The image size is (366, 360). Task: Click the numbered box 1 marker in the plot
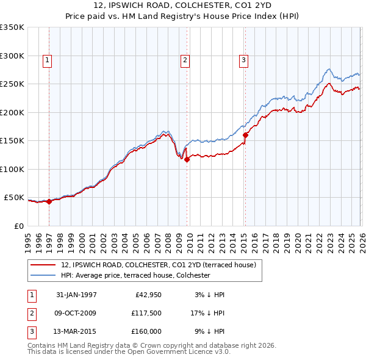coord(47,60)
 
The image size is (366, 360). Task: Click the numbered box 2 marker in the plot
coord(184,60)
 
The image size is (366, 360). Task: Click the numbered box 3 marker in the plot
coord(243,60)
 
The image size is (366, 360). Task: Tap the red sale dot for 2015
coord(245,135)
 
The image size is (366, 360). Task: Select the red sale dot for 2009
coord(187,159)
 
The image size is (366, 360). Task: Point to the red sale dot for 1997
coord(49,201)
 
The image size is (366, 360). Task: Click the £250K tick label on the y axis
coord(12,84)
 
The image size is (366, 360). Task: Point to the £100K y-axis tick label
coord(12,169)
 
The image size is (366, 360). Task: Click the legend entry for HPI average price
coord(135,275)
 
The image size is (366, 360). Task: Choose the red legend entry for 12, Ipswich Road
coord(162,265)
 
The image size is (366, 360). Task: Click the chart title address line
coord(183,5)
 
